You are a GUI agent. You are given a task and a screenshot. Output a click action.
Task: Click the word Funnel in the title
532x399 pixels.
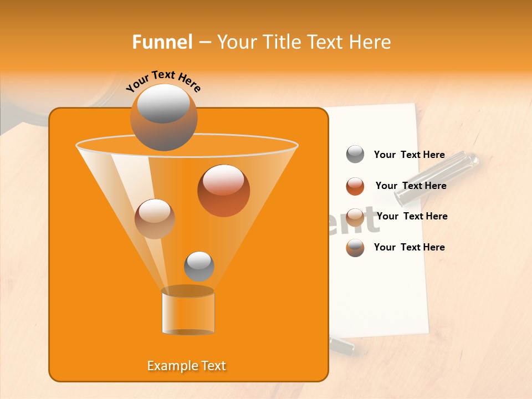click(162, 42)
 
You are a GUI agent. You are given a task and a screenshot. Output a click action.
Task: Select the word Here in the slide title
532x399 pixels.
click(369, 42)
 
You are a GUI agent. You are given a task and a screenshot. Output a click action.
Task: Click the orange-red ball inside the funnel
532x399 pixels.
click(223, 190)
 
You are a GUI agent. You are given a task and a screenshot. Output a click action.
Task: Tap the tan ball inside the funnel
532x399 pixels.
click(155, 219)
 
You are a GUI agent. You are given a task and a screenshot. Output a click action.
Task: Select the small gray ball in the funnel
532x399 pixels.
click(199, 266)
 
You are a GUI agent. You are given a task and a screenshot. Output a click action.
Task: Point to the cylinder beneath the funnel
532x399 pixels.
click(188, 312)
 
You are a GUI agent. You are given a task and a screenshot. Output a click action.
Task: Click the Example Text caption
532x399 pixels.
click(187, 366)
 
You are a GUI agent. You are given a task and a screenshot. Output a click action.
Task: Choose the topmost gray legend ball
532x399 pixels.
click(355, 155)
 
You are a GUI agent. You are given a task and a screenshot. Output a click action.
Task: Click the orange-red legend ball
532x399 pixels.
click(355, 186)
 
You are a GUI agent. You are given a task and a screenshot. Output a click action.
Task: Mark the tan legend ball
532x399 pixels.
click(355, 217)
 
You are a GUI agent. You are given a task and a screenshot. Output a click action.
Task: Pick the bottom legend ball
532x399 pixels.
click(355, 248)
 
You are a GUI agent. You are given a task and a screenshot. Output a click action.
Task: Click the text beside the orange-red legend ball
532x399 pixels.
click(411, 186)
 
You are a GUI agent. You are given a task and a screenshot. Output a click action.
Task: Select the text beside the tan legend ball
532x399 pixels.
click(412, 216)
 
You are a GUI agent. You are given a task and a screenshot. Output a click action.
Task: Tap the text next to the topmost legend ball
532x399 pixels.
click(409, 155)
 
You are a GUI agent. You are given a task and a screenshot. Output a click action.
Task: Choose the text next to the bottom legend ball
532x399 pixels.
click(409, 247)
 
